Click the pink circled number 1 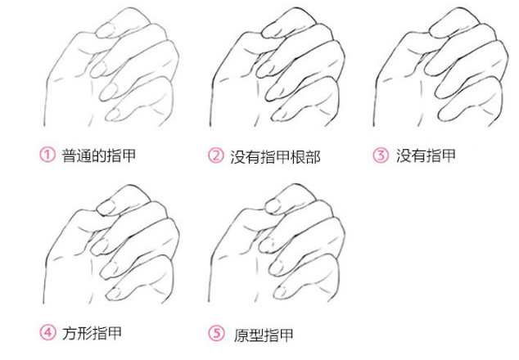coord(47,155)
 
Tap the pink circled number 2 coord(216,155)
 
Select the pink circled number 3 coord(381,155)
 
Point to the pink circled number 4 coord(47,332)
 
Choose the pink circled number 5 coord(216,333)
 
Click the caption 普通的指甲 coord(99,155)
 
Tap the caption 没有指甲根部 coord(275,156)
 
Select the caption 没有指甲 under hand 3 coord(426,155)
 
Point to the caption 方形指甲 coord(92,333)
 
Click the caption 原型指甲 coord(264,335)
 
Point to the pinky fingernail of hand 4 coord(115,293)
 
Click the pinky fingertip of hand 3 coord(445,115)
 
